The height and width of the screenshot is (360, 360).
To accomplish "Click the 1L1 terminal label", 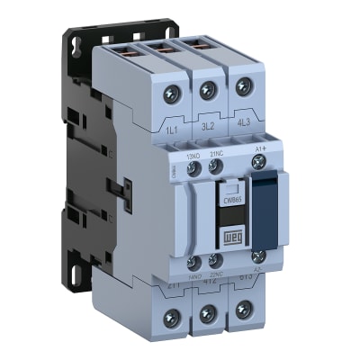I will coord(170,130).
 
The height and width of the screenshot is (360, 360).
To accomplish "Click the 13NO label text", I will coord(192,155).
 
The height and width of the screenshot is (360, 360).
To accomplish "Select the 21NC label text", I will coord(217,153).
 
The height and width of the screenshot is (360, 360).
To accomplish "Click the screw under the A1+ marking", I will coord(261,162).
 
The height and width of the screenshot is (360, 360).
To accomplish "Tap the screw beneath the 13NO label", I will coord(193,167).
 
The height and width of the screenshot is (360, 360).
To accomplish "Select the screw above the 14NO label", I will coord(192,262).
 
